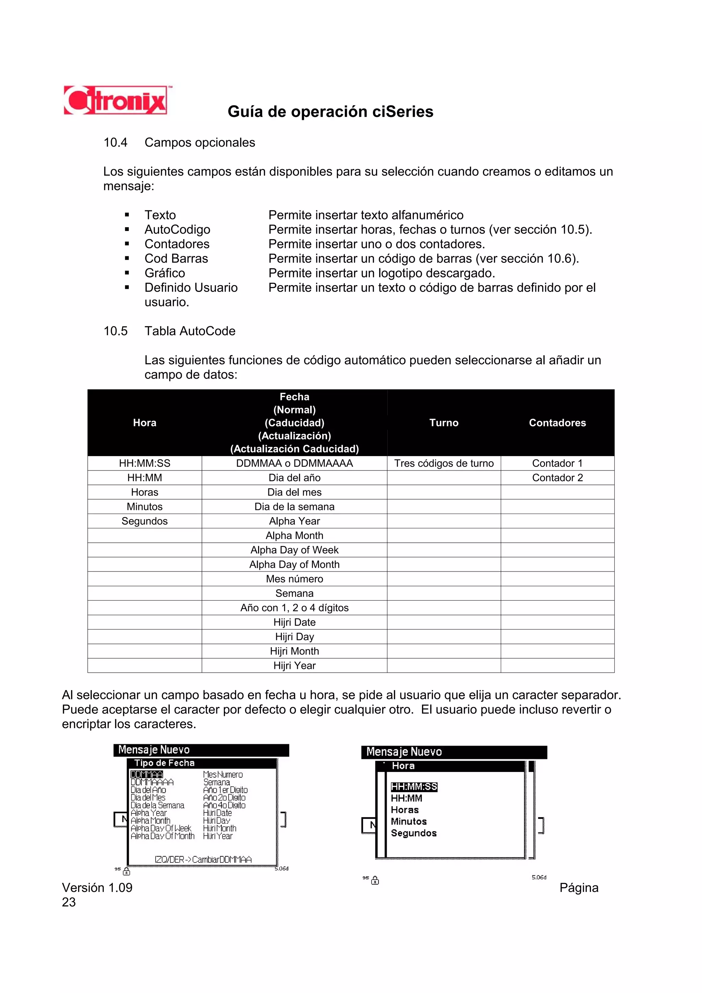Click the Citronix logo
tap(116, 100)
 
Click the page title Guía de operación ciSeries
tap(330, 112)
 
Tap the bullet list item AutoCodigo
tap(177, 229)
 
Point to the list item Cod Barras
tap(176, 258)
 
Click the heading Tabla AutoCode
tap(190, 331)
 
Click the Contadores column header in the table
tap(557, 422)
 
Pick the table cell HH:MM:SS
tap(144, 463)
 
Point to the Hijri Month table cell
tap(294, 651)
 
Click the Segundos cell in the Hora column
tap(144, 521)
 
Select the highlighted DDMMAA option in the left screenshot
tap(147, 774)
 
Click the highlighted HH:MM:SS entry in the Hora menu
tap(414, 787)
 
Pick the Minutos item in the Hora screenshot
tap(408, 821)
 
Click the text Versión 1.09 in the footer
tap(97, 887)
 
